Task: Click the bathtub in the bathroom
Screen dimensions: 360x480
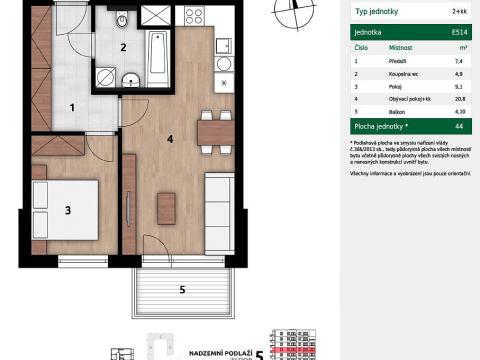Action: (x=158, y=61)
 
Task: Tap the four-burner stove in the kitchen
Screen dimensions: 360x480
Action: (x=193, y=17)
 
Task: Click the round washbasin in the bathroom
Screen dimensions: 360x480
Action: (x=131, y=82)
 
